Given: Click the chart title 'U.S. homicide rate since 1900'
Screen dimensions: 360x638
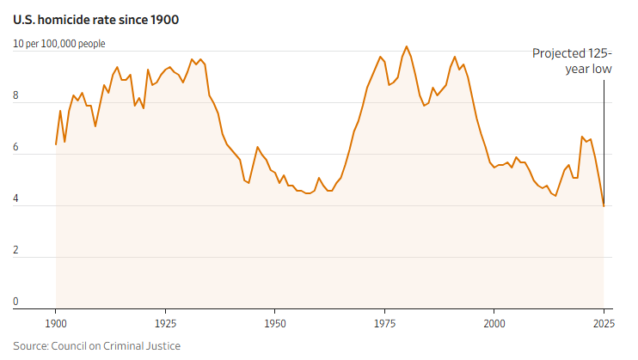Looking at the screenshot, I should tap(96, 19).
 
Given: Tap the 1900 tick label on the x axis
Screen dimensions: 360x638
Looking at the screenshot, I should tap(56, 325).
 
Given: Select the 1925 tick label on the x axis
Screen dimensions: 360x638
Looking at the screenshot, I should tap(165, 325).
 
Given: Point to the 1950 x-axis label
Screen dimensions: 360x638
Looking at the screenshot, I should tap(274, 325).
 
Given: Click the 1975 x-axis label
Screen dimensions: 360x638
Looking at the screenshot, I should tap(384, 325).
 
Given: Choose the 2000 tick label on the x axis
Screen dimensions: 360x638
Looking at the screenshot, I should tap(494, 325).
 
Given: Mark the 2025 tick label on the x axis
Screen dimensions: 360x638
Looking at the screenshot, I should tap(603, 325).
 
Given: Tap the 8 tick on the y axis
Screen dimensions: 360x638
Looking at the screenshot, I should tap(16, 96).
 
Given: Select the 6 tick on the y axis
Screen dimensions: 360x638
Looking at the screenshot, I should tap(16, 148).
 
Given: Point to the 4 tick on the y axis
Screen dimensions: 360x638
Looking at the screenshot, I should tap(16, 199).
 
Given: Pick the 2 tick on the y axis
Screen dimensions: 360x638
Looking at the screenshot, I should tap(16, 251).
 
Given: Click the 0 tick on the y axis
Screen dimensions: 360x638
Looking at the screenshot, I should tap(16, 302).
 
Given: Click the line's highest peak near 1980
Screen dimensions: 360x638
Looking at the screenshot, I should tap(407, 46).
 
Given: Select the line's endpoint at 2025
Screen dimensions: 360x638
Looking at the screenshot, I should tap(604, 205).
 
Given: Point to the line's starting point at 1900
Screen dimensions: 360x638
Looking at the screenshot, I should tap(56, 144).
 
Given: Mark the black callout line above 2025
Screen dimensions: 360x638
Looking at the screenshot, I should tap(604, 137).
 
